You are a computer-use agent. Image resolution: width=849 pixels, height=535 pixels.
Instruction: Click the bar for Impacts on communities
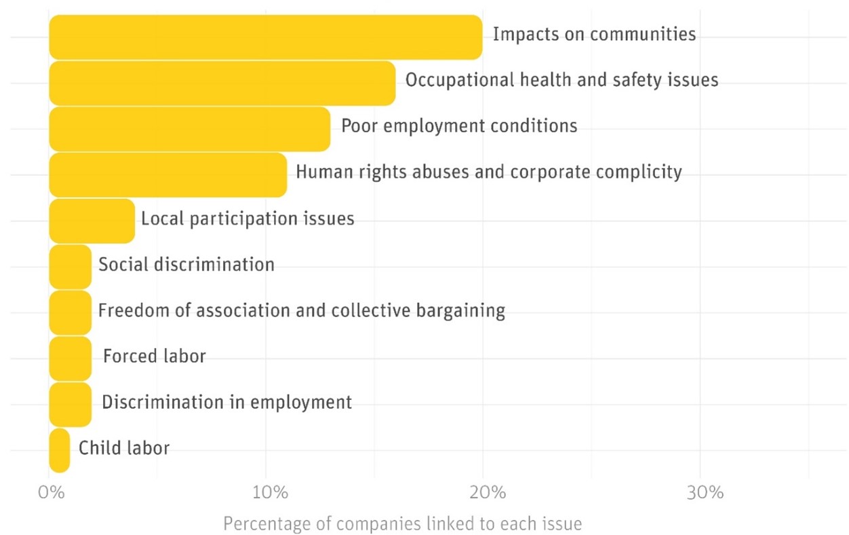point(265,37)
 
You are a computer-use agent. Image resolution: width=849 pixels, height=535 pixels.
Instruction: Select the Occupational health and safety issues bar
point(222,83)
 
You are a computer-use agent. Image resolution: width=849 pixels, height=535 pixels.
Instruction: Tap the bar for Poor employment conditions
point(189,128)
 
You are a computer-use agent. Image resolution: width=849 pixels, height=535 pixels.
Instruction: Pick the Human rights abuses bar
point(167,174)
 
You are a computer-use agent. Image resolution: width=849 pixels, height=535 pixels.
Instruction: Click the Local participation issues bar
point(92,221)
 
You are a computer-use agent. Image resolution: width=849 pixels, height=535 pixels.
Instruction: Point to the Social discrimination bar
point(70,266)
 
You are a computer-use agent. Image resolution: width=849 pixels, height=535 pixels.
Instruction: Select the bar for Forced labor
point(70,358)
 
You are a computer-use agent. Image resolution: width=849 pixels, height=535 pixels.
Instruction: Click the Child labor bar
point(60,449)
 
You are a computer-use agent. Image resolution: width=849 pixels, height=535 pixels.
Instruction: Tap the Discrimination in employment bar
point(70,403)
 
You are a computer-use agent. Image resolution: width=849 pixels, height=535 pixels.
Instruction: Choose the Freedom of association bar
point(70,312)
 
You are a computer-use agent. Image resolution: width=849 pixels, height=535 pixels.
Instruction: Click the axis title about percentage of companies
point(402,524)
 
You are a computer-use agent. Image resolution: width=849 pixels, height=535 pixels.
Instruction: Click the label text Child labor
point(124,448)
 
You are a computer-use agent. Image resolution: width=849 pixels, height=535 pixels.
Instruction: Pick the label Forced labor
point(155,356)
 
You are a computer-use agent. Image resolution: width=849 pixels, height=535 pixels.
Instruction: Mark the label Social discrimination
point(186,264)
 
